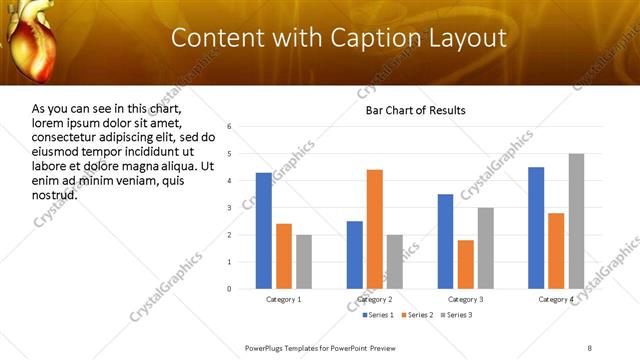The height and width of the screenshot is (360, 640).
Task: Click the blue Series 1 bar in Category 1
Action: coord(263,231)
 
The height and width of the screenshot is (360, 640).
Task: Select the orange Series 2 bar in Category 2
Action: coord(375,229)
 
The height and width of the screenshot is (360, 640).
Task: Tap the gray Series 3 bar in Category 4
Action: coord(576,221)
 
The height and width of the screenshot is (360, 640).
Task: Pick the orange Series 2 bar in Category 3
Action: coord(465,264)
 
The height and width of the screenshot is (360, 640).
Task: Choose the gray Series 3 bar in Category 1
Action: coord(304,262)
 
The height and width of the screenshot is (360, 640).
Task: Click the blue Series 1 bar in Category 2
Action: coord(355,255)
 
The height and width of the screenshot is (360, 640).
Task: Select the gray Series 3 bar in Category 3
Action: coord(486,248)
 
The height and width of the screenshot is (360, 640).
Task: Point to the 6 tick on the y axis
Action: coord(229,127)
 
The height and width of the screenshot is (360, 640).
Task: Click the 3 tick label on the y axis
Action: coord(229,208)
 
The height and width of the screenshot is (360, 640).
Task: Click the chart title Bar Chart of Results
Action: coord(415,110)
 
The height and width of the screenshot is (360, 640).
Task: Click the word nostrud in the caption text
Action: coord(55,194)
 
